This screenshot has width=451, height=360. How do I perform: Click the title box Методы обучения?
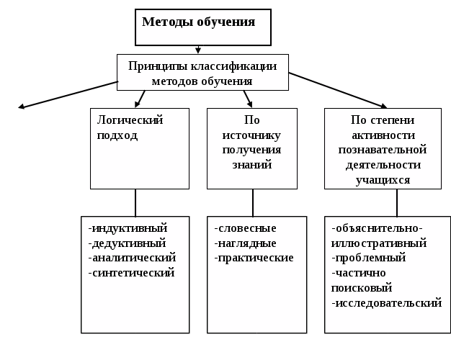pyautogui.click(x=203, y=27)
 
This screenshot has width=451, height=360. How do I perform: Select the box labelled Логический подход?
pyautogui.click(x=139, y=148)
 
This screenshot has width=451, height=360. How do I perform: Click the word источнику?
pyautogui.click(x=251, y=135)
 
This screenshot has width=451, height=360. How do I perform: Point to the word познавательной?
pyautogui.click(x=383, y=150)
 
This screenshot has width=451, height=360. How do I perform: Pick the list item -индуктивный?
pyautogui.click(x=128, y=228)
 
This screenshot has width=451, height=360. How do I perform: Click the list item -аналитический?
pyautogui.click(x=132, y=257)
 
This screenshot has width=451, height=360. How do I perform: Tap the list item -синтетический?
pyautogui.click(x=131, y=272)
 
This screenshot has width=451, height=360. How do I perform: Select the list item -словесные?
pyautogui.click(x=245, y=228)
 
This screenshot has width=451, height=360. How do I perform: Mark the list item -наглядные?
pyautogui.click(x=246, y=243)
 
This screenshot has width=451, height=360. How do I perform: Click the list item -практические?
pyautogui.click(x=254, y=257)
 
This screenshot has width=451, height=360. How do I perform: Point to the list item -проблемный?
pyautogui.click(x=369, y=257)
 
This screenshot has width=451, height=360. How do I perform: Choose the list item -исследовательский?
pyautogui.click(x=386, y=302)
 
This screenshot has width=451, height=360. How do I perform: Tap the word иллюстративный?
pyautogui.click(x=379, y=243)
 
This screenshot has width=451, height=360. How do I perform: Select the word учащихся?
pyautogui.click(x=383, y=180)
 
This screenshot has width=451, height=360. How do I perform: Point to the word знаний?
pyautogui.click(x=251, y=165)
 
